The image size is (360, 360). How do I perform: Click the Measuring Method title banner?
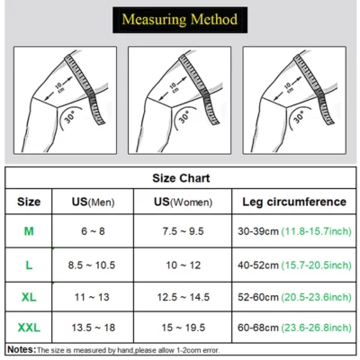pos(180,20)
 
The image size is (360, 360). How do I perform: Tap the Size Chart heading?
pos(181,178)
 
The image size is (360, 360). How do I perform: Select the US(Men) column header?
pos(93,202)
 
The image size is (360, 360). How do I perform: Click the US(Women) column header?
pos(183,202)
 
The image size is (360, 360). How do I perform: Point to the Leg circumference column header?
pos(294,202)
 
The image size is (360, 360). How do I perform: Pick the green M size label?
pos(29,231)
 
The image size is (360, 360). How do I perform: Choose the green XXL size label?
pos(29,328)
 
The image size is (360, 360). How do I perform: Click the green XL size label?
pos(29,297)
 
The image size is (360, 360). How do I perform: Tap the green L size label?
pos(29,265)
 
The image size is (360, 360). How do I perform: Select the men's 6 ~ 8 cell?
pos(93,231)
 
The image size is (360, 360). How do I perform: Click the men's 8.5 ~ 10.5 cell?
pos(92,265)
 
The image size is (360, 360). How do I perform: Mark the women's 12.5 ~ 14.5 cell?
pos(184,297)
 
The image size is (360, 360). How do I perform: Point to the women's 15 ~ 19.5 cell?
pos(184,328)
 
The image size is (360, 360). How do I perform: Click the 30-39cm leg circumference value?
pos(258,231)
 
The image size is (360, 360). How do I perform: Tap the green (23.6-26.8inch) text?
pos(316,328)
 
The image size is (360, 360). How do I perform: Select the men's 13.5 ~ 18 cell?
pos(93,328)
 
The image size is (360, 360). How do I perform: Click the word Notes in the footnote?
pos(21,350)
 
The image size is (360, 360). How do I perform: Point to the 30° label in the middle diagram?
pos(184,117)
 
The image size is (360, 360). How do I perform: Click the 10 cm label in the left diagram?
pos(59,88)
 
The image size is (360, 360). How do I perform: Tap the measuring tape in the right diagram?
pos(313,87)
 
